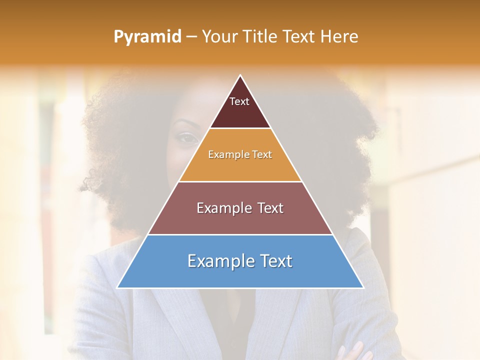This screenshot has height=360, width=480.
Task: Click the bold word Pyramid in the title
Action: [x=147, y=37]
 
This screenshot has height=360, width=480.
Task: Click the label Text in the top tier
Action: [x=239, y=101]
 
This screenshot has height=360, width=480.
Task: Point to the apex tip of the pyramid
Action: [x=240, y=76]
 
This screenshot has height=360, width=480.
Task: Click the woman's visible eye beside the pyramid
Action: [x=187, y=138]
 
